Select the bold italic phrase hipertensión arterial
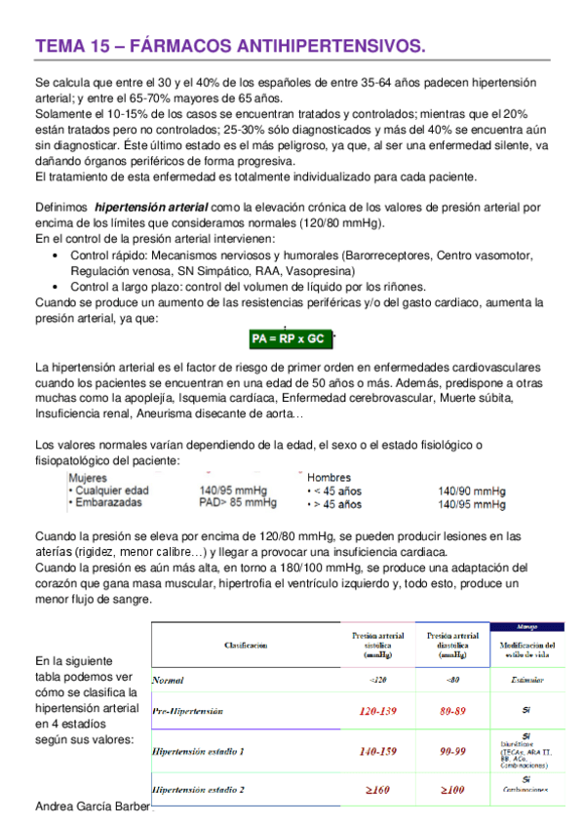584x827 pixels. point(151,208)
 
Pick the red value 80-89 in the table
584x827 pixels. point(453,713)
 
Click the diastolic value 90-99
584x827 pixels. point(453,752)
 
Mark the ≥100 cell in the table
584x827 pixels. point(453,788)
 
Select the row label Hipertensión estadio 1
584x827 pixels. point(199,752)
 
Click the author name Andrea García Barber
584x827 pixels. point(93,807)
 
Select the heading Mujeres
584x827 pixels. point(88,478)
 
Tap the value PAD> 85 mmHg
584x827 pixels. point(238,503)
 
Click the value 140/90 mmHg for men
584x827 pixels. point(472,492)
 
